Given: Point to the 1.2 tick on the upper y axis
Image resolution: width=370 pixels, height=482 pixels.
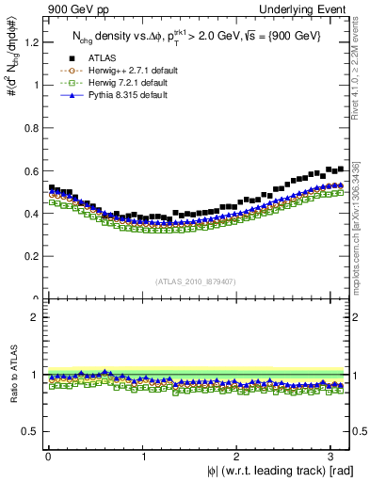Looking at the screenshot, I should (30, 41).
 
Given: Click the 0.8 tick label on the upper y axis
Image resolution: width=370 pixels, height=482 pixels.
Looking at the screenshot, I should (30, 127).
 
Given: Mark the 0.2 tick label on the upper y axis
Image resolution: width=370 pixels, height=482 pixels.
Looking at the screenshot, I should (30, 256).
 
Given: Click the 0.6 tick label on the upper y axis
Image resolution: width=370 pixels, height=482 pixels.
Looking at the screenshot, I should (30, 170).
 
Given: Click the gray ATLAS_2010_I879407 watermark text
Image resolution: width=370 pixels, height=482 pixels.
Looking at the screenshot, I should (195, 281).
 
